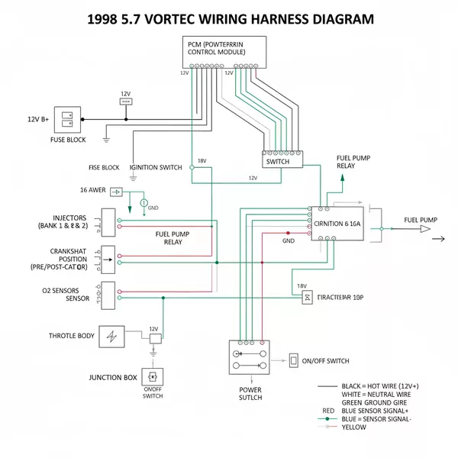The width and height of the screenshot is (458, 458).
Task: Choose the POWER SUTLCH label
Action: (250, 393)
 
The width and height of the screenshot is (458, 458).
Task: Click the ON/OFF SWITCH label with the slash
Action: (326, 360)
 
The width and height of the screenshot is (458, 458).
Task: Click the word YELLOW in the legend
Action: (355, 427)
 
